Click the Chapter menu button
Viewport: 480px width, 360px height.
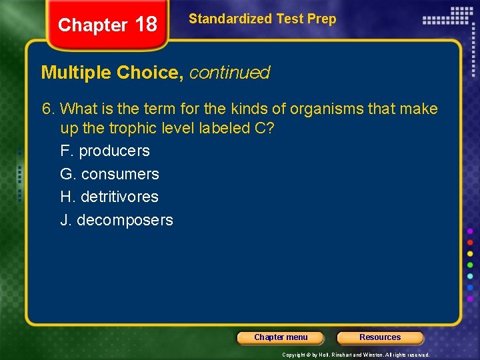(x=281, y=337)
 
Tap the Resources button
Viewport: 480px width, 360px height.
(x=380, y=337)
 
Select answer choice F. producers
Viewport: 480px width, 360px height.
(x=105, y=151)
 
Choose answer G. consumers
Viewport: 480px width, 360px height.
(x=109, y=174)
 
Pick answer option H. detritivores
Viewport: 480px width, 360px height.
(x=109, y=197)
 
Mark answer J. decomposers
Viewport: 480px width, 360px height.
(x=116, y=220)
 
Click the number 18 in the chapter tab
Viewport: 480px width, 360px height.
(x=146, y=25)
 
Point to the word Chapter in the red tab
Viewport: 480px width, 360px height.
(x=93, y=25)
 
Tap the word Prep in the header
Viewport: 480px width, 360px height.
(x=322, y=19)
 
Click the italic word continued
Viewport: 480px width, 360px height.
(x=229, y=73)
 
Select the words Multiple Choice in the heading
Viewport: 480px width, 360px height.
(x=112, y=73)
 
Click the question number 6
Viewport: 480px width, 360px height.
(x=64, y=109)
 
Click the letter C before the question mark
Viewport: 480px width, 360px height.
(x=261, y=128)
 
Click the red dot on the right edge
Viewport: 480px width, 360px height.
(x=470, y=242)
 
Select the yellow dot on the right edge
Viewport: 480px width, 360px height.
(x=470, y=253)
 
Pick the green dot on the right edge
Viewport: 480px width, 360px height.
(x=470, y=265)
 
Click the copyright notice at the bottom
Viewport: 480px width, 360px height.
(x=356, y=355)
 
